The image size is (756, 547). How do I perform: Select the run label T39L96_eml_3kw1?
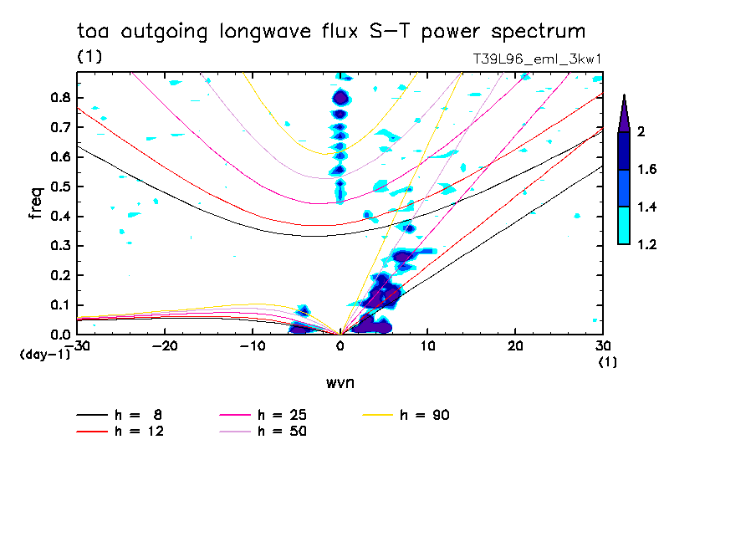(x=537, y=59)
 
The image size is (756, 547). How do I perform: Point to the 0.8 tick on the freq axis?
(x=61, y=97)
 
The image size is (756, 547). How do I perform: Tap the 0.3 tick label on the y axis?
(x=61, y=246)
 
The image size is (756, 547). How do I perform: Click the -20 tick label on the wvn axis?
(x=165, y=346)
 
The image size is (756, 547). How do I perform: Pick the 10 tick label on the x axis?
(x=427, y=346)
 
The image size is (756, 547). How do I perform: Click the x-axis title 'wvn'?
(x=340, y=383)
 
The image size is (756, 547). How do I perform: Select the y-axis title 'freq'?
(x=35, y=203)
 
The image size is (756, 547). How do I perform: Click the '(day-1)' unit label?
(x=44, y=355)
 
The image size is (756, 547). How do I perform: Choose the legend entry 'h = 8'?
(x=119, y=415)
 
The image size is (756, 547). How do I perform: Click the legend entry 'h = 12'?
(x=120, y=431)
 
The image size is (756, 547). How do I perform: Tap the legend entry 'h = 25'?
(x=263, y=415)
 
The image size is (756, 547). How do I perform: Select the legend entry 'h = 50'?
(x=263, y=431)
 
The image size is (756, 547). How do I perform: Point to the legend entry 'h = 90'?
(x=406, y=415)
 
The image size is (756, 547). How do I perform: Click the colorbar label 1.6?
(x=646, y=169)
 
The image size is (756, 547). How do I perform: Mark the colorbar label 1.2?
(x=646, y=244)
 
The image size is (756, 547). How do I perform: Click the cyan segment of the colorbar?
(x=624, y=226)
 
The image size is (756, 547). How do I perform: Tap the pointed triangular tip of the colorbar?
(x=625, y=95)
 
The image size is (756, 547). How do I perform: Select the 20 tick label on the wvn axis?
(x=515, y=346)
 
